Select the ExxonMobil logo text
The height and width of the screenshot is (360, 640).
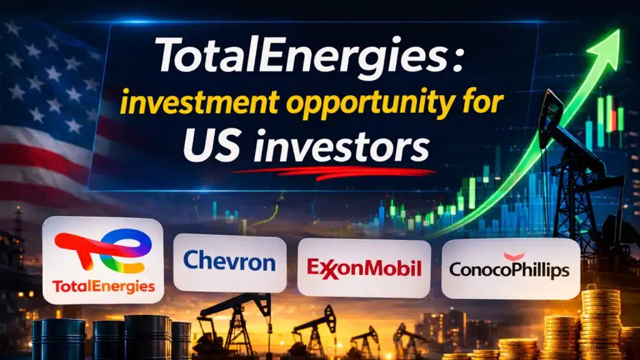click(364, 267)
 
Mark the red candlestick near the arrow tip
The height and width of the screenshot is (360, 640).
click(612, 120)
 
